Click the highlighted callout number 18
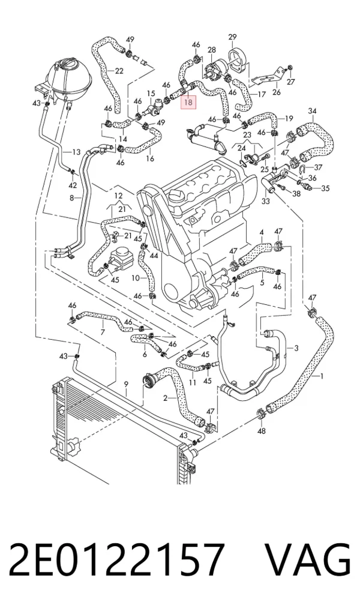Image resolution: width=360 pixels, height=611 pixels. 188,103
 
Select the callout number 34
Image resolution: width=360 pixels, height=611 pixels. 313,111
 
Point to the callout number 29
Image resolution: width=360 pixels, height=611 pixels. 232,37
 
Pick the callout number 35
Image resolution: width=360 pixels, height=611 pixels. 325,188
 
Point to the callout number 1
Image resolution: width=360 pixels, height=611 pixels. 322,376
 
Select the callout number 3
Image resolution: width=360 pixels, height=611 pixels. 296,348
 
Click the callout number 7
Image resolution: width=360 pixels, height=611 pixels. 103,333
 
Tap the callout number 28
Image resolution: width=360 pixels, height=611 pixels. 212,50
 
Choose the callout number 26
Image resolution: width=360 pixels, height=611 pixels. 276,92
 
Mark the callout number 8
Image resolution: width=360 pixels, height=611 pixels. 71,198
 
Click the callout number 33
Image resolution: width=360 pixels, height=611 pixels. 265,202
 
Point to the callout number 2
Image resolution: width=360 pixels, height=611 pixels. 165,399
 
